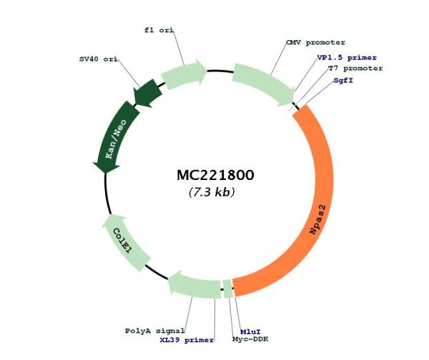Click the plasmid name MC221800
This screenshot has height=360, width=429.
215,175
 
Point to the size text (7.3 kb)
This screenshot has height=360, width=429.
212,192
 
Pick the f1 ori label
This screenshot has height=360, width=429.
159,30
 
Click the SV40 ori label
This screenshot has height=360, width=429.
99,59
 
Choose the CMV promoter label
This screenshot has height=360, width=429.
315,43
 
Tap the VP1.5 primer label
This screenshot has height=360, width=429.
347,58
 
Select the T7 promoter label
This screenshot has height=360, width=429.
355,69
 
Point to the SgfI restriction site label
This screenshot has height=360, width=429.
343,81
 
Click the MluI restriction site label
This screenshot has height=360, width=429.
250,332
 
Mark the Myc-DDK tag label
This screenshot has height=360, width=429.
250,339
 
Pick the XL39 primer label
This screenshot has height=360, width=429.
187,340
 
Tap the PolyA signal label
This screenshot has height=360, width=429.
155,331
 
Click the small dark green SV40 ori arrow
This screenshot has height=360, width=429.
147,93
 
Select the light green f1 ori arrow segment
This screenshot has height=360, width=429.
184,74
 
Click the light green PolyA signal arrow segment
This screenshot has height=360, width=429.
194,286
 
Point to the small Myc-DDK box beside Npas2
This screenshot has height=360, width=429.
228,289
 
